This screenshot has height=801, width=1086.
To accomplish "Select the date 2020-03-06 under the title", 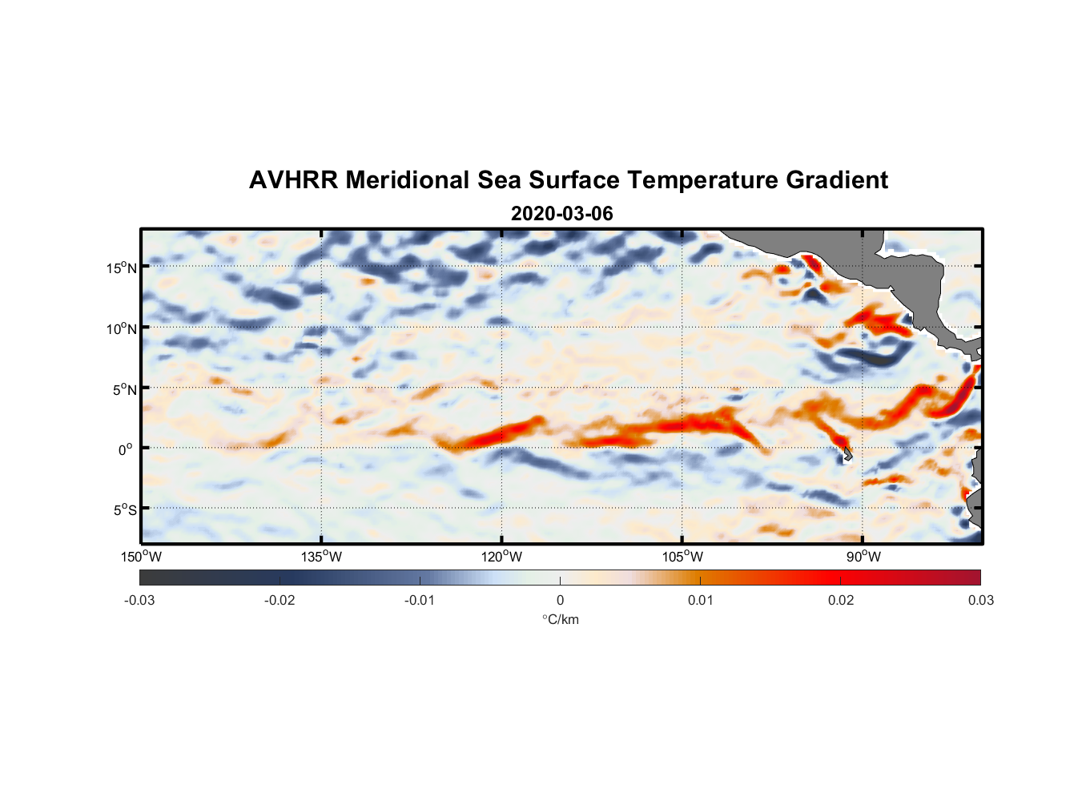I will click(x=561, y=214).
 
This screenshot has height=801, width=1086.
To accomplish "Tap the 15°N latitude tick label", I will click(x=122, y=268).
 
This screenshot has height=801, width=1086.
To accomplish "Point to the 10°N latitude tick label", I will click(x=122, y=328).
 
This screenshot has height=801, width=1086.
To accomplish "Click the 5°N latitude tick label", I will click(x=124, y=389).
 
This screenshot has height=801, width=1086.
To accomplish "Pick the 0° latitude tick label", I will click(x=126, y=449).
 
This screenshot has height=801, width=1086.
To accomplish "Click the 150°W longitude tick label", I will click(x=141, y=557).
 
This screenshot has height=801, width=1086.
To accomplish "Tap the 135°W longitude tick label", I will click(x=321, y=557).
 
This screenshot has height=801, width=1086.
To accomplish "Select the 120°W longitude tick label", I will click(x=501, y=557).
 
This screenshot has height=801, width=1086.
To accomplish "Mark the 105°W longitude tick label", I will click(x=682, y=557).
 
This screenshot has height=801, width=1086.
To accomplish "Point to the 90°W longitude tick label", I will click(x=863, y=557).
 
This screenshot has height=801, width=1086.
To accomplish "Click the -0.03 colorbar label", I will click(x=139, y=600).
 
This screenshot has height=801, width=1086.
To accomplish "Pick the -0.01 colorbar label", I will click(x=419, y=600).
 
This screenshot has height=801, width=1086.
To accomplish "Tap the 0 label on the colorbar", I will click(x=560, y=600).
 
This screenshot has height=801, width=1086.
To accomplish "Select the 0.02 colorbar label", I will click(x=841, y=600).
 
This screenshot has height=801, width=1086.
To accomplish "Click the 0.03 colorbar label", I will click(x=980, y=600).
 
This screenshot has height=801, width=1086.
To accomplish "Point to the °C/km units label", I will click(x=560, y=619).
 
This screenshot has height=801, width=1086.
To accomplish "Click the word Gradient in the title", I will click(x=836, y=180).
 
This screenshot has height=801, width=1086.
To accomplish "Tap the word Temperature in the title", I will click(x=702, y=180).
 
